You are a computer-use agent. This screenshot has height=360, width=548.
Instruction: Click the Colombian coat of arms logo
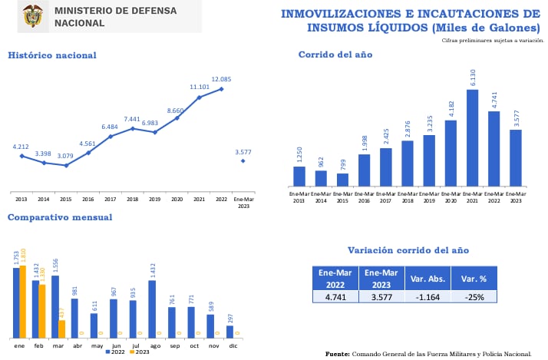33,16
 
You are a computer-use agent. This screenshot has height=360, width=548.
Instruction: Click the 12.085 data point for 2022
221,89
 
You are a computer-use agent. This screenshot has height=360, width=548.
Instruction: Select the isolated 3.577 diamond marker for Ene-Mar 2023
243,160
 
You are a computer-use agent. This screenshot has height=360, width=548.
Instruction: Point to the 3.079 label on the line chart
66,157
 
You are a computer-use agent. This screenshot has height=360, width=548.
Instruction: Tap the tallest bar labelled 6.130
472,137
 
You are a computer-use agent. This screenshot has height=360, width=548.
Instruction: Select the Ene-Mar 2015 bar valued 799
342,180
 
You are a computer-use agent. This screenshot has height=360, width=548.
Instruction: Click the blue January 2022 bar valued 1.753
16,302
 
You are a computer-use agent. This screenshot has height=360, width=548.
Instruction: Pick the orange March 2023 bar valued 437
61,329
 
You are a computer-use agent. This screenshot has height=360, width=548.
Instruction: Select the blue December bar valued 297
229,332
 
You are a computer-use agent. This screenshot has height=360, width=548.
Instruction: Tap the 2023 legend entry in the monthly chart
140,352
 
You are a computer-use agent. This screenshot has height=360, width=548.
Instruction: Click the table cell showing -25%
474,297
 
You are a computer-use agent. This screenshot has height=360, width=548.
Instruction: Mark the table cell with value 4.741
335,297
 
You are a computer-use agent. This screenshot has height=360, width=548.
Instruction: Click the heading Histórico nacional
51,55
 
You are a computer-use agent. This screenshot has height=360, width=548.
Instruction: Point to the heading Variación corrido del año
408,250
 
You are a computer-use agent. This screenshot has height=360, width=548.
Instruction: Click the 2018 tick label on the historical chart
133,198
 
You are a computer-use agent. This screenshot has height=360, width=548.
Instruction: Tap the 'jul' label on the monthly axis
136,345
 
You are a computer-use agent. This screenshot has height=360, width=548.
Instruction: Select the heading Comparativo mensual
59,217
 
